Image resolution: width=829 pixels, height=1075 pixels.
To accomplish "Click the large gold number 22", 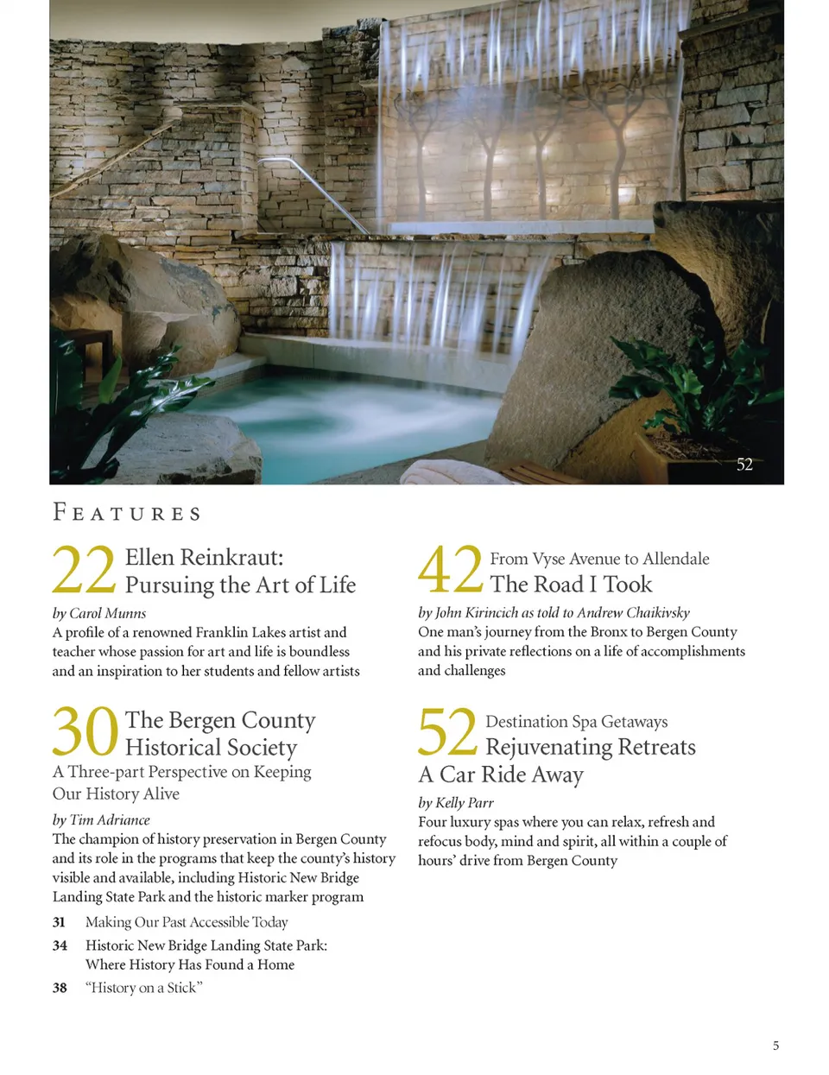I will pos(84,571).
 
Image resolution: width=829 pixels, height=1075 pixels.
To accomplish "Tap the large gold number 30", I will pos(85,732).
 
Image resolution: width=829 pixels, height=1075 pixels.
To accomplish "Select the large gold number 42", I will pos(450,570).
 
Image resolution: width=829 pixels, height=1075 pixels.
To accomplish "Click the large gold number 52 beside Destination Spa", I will pos(447,732).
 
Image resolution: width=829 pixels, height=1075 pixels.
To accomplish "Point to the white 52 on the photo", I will pos(744,465).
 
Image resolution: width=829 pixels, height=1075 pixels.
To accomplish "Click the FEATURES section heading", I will pos(127,513).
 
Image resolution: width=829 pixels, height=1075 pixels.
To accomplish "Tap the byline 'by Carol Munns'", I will pos(99,613).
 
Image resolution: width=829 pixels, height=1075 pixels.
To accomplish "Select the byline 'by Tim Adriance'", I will pos(101,819).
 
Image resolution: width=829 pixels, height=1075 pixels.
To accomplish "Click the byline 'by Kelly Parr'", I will pos(456,802).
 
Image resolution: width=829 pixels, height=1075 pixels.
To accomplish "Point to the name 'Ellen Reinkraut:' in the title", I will pos(204,557).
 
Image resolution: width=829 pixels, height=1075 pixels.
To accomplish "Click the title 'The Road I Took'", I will pos(571,585).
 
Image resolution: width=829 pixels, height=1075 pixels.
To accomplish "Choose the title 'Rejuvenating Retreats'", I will pos(590,747).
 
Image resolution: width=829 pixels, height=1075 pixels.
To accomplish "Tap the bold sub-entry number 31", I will pos(59,922).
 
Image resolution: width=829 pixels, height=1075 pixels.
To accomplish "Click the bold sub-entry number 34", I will pos(60,945).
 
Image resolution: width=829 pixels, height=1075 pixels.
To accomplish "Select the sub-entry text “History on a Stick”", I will pos(143,988).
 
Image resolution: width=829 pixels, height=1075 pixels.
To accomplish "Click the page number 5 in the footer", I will pos(775,1046).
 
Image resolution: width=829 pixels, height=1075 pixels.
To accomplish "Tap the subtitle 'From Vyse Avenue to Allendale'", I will pos(599,559).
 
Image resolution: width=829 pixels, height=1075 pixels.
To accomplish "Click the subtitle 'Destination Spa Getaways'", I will pos(576,721).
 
